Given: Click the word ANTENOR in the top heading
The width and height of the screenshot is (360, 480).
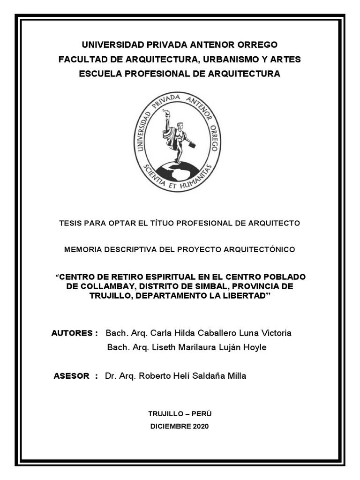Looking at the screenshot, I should (208, 45).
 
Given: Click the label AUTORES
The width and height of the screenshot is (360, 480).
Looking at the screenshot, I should (72, 333).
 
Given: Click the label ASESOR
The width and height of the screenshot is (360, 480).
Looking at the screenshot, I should (72, 376).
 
